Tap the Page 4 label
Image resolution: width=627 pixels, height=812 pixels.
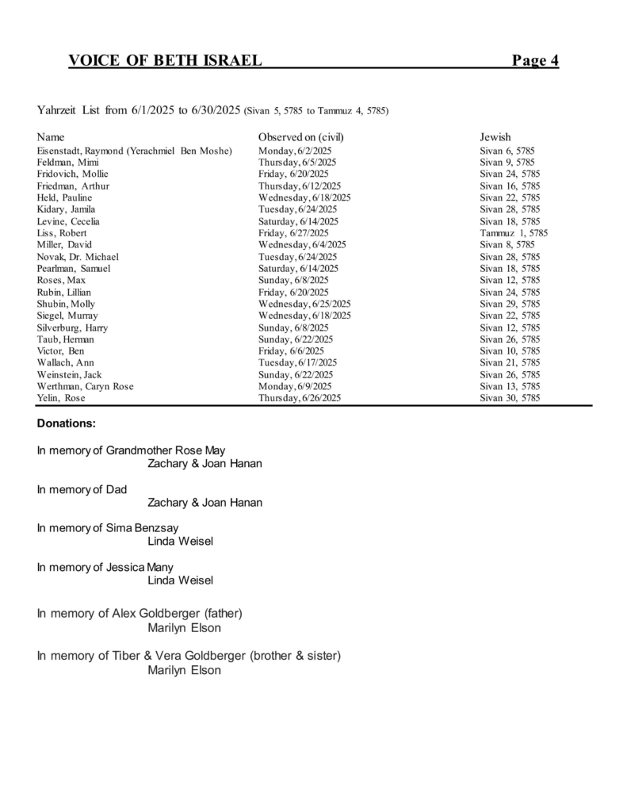pyautogui.click(x=535, y=60)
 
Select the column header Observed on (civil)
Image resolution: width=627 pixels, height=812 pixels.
pyautogui.click(x=300, y=137)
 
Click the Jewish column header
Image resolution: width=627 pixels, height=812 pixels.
pyautogui.click(x=495, y=137)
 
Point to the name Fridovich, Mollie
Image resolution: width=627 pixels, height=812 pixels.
pyautogui.click(x=73, y=174)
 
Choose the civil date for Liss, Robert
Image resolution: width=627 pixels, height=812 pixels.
pyautogui.click(x=293, y=233)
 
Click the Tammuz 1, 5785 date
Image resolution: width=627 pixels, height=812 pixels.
pyautogui.click(x=514, y=233)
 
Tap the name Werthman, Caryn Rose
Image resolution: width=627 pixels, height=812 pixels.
pyautogui.click(x=85, y=386)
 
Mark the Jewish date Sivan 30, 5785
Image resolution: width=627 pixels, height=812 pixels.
pyautogui.click(x=510, y=398)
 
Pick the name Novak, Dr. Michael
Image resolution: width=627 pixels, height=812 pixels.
pyautogui.click(x=78, y=257)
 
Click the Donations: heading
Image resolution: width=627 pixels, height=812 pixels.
pyautogui.click(x=67, y=423)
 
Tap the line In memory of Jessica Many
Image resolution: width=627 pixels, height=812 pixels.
pyautogui.click(x=105, y=567)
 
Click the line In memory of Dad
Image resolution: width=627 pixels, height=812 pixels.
pyautogui.click(x=82, y=489)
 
